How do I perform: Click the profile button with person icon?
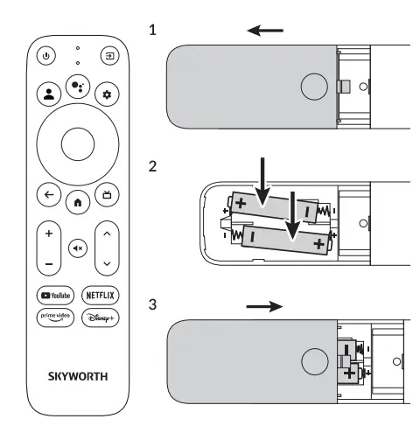pyautogui.click(x=47, y=93)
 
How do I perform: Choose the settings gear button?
pyautogui.click(x=108, y=93)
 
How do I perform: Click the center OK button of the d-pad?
pyautogui.click(x=77, y=143)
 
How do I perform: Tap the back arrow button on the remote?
pyautogui.click(x=47, y=194)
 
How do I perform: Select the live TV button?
pyautogui.click(x=108, y=194)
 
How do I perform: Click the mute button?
pyautogui.click(x=77, y=248)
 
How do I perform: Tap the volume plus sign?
pyautogui.click(x=48, y=234)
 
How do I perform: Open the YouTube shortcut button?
pyautogui.click(x=52, y=296)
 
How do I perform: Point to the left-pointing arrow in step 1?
pyautogui.click(x=265, y=31)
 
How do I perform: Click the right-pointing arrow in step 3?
pyautogui.click(x=266, y=307)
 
